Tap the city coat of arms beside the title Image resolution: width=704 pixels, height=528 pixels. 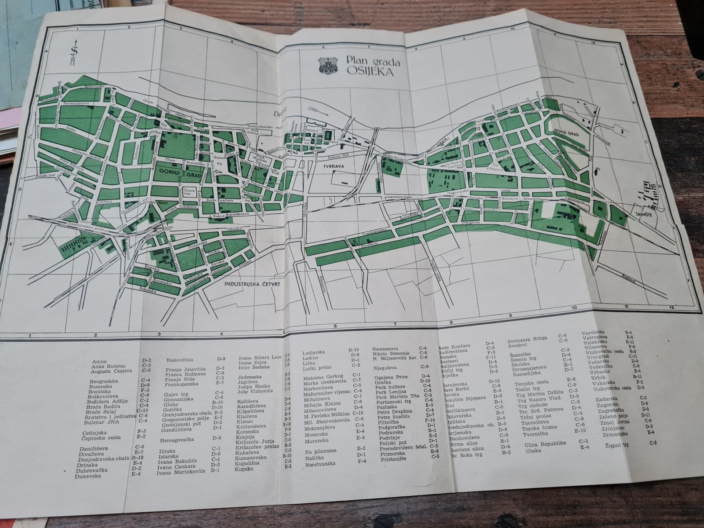(x=327, y=66)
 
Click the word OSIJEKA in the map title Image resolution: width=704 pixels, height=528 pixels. (x=370, y=71)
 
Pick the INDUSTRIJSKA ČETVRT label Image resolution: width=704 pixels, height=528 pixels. (x=253, y=285)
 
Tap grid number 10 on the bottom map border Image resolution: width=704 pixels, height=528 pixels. (x=573, y=308)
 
